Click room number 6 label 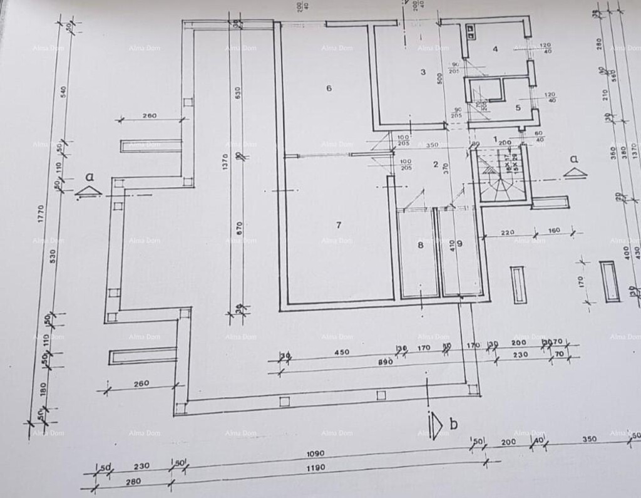(329, 88)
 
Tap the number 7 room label (339, 224)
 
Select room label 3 (423, 72)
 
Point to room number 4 (495, 49)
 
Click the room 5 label (518, 107)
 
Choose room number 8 (421, 245)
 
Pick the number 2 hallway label (436, 164)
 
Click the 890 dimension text (385, 362)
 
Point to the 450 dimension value (342, 352)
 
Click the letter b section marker (453, 424)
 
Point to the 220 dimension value (507, 232)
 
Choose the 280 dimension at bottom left (132, 482)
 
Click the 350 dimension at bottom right (589, 439)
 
